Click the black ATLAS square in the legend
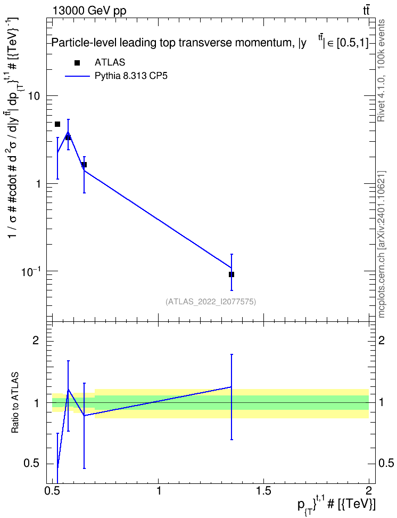77,62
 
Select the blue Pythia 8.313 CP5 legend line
78,76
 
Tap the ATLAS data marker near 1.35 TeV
231,274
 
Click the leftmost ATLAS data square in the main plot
57,124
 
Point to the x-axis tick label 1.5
263,490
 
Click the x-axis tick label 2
369,490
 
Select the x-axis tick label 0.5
53,490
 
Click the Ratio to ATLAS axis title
15,403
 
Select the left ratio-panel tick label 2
36,340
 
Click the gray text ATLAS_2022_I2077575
211,302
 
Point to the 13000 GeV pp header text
89,11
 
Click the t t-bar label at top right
366,11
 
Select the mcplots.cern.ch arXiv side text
382,244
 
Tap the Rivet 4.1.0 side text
381,70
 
